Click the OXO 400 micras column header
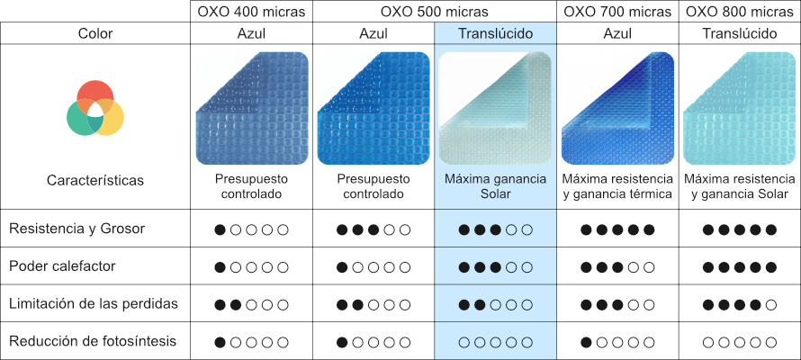tap(251, 12)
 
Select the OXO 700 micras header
tap(617, 12)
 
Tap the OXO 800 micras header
tap(740, 12)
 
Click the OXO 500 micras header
tap(435, 12)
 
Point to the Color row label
tap(95, 34)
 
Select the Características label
tap(95, 181)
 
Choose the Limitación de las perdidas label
tap(93, 304)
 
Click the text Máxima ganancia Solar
tap(496, 186)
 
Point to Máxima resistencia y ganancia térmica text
tap(617, 186)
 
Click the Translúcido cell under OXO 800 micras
tap(740, 34)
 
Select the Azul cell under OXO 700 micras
tap(617, 34)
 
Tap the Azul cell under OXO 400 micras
tap(251, 34)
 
